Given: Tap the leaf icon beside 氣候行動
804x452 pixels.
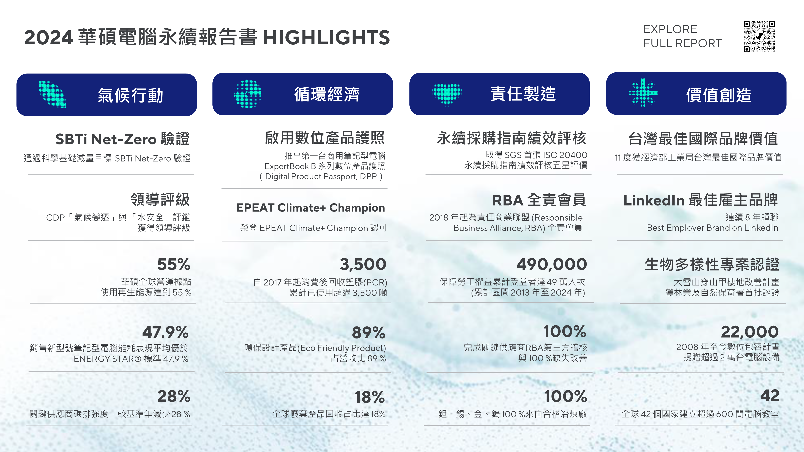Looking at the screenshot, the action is click(x=52, y=94).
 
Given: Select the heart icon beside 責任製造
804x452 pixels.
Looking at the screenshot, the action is click(x=447, y=94).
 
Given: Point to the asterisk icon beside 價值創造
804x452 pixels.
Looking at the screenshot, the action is click(x=643, y=93).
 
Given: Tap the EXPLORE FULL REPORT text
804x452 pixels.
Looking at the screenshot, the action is click(x=683, y=36).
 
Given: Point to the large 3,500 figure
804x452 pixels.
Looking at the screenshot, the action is click(x=363, y=265).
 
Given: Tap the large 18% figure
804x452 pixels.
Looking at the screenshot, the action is click(x=370, y=397).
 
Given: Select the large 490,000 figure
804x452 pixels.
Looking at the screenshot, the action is click(x=552, y=265).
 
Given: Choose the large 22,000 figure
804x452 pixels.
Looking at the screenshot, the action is click(x=750, y=332).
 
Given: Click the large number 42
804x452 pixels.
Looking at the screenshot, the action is click(x=770, y=396).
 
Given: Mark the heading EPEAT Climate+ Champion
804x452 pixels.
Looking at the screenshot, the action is click(x=311, y=208).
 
